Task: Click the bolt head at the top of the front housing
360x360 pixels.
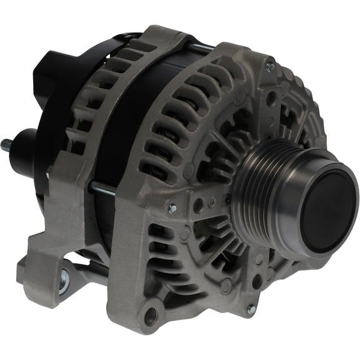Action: [269, 65]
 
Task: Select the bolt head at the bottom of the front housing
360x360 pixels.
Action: [251, 309]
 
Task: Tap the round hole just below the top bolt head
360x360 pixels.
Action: [270, 97]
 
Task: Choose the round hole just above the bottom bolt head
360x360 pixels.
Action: [257, 282]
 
